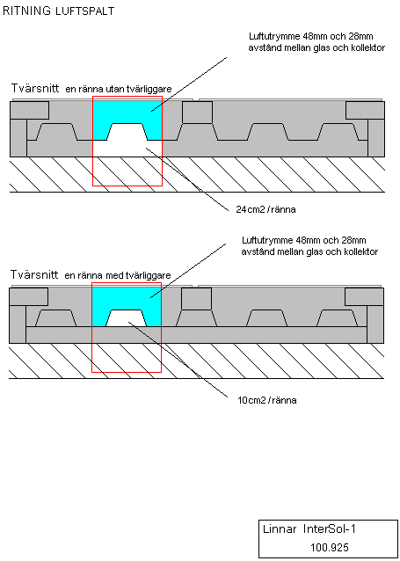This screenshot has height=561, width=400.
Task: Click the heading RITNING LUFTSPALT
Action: pyautogui.click(x=58, y=11)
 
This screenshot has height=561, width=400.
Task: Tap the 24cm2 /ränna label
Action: pyautogui.click(x=265, y=209)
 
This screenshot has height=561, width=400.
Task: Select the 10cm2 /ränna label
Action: pyautogui.click(x=267, y=400)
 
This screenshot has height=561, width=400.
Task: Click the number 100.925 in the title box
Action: pyautogui.click(x=329, y=548)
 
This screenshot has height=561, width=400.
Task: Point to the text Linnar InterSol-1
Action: pyautogui.click(x=309, y=529)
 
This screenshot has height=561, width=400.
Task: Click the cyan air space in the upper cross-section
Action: pyautogui.click(x=127, y=113)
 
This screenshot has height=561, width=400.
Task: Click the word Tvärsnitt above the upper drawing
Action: pyautogui.click(x=35, y=88)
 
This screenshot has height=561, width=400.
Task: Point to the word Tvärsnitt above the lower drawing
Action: pyautogui.click(x=34, y=274)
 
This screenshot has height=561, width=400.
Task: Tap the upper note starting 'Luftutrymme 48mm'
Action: pyautogui.click(x=316, y=42)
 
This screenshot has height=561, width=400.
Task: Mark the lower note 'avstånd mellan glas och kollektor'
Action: pyautogui.click(x=309, y=251)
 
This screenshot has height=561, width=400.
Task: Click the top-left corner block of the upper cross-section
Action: pyautogui.click(x=29, y=110)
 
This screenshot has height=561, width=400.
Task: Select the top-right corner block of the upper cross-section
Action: pyautogui.click(x=365, y=110)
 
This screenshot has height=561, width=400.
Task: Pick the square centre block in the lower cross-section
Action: pyautogui.click(x=196, y=299)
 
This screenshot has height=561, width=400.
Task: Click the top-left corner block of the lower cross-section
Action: pyautogui.click(x=29, y=297)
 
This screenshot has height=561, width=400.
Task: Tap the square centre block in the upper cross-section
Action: pyautogui.click(x=198, y=113)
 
